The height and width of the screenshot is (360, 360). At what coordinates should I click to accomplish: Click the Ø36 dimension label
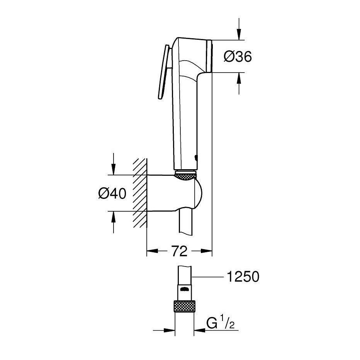tap(238, 57)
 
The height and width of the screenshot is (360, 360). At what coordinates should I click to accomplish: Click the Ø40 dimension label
tap(112, 193)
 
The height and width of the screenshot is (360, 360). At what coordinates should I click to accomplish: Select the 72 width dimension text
tap(179, 251)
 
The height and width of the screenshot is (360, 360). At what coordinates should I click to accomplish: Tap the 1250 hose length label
tap(243, 277)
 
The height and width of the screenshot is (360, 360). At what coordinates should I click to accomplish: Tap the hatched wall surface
tap(139, 193)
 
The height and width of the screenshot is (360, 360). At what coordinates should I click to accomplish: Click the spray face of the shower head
tap(210, 56)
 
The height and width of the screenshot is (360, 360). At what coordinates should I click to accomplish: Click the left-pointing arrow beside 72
tap(153, 251)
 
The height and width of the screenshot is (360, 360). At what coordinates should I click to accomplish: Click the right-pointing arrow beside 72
tap(207, 251)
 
